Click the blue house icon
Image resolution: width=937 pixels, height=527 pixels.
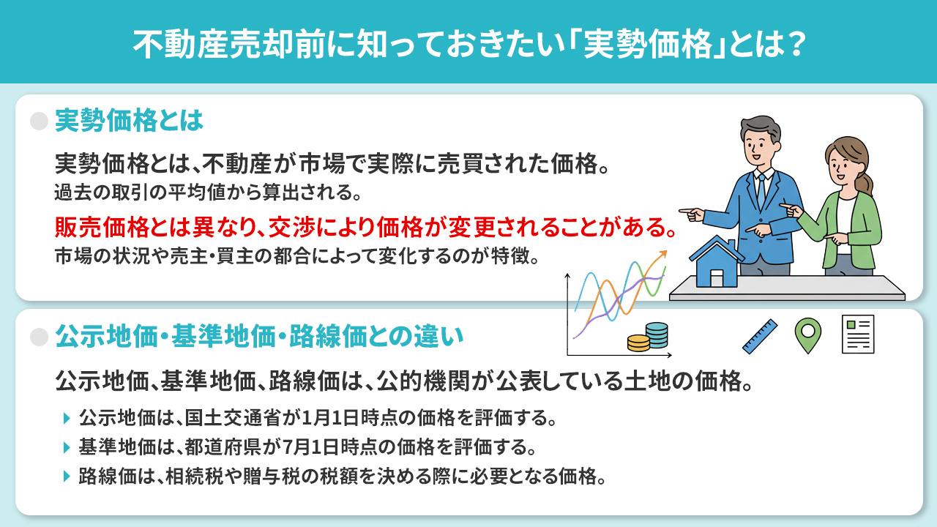point(717,262)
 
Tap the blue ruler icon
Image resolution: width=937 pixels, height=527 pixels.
point(759,337)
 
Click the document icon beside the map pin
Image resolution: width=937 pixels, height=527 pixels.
point(858,334)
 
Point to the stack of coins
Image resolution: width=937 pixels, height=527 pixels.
point(649,337)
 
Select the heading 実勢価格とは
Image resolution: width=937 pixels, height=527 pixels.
point(129,121)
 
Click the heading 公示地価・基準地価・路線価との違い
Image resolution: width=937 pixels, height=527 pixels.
point(260,337)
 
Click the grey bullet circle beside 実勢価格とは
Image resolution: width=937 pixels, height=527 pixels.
point(39,121)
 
